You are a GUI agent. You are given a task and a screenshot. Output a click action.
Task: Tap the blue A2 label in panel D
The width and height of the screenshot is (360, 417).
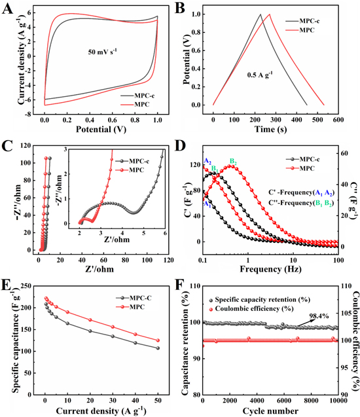coord(207,160)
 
